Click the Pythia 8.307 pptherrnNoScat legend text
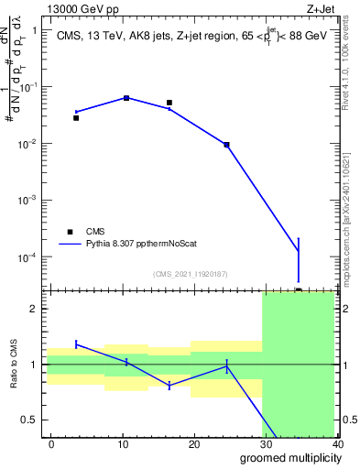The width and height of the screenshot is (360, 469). [x=152, y=245]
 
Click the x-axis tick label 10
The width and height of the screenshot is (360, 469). [x=123, y=443]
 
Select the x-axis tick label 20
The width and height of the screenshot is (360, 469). [x=194, y=443]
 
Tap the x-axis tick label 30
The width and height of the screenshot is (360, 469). [x=266, y=443]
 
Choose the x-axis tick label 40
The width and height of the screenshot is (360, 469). [x=335, y=443]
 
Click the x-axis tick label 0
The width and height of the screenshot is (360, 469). [x=51, y=443]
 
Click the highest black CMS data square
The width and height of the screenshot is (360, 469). [x=126, y=97]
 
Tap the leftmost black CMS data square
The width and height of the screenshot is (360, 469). [x=76, y=118]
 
